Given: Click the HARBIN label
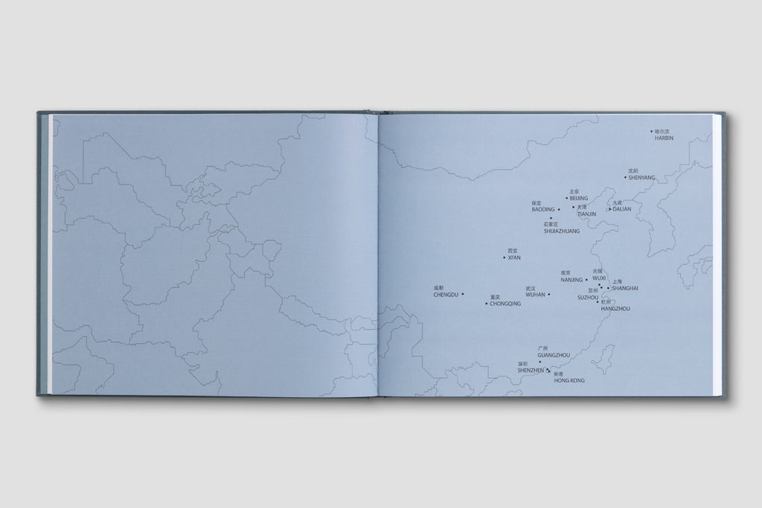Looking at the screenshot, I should pos(664,138).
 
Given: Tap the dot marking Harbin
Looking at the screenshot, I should pos(652,132).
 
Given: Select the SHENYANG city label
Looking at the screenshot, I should pos(641,178).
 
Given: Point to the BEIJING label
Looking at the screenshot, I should pos(578,199).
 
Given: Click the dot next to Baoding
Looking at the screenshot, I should pos(559,210).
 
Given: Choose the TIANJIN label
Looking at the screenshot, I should pos(587,214).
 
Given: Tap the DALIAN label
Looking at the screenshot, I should pos(621,209).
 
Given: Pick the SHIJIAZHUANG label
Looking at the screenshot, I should pos(562,231).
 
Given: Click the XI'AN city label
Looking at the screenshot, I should pos(513,258).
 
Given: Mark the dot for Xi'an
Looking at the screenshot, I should pos(504,258).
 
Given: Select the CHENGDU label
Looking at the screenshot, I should pos(445,295).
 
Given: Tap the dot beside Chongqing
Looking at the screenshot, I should pos(487,303).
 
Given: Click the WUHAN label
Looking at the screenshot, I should pos(535,295).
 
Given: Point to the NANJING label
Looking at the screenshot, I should pos(571,280).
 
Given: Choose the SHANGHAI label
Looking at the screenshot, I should pos(625,288).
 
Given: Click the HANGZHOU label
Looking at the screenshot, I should pos(615,308).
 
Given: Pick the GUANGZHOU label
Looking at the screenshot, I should pos(554,356).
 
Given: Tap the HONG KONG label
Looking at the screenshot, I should pos(569,380).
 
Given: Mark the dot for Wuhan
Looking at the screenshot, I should pos(549,295).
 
